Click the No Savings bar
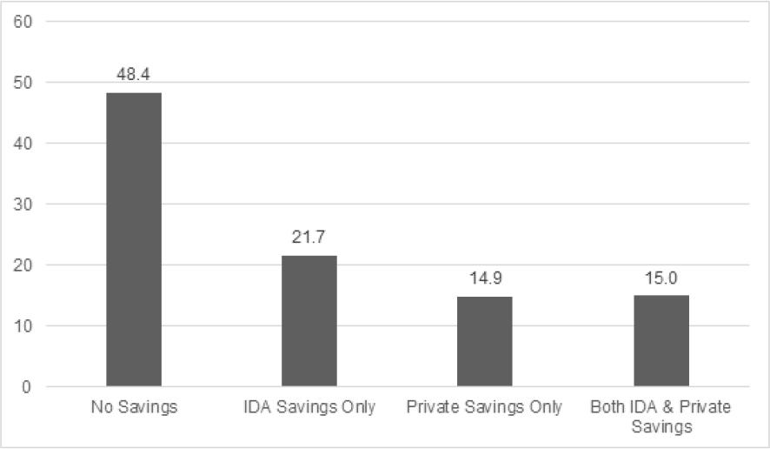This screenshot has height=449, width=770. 134,239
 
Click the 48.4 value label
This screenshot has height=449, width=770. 134,76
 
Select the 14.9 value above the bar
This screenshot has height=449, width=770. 485,279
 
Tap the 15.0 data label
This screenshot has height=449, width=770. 660,278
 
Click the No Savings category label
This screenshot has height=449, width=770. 134,407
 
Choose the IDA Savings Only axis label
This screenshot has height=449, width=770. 309,407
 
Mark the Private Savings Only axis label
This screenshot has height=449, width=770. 485,407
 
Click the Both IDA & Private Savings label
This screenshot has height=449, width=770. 660,416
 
